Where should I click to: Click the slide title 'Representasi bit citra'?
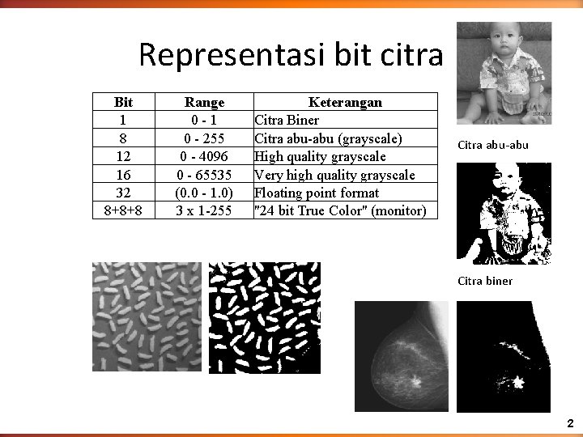tap(291, 55)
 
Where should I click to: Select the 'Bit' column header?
tap(123, 102)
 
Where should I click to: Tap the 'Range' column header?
tap(204, 102)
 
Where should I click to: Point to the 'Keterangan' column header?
tap(345, 102)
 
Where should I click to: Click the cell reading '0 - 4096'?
tap(204, 156)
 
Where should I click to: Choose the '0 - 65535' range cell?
tap(204, 175)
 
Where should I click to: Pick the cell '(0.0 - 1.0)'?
tap(204, 193)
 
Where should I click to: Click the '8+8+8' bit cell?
tap(123, 210)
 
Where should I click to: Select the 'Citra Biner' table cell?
tap(287, 121)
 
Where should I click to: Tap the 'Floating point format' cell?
tap(317, 193)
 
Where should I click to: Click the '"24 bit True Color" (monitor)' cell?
tap(340, 210)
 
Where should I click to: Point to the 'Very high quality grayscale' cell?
tap(334, 175)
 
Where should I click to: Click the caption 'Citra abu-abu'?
tap(492, 145)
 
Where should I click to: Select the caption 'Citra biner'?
tap(485, 281)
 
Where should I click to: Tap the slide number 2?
tap(570, 423)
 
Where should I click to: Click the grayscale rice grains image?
tap(147, 316)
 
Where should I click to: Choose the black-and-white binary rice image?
tap(264, 316)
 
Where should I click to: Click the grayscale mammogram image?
tap(401, 357)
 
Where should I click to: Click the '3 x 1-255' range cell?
tap(204, 210)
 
